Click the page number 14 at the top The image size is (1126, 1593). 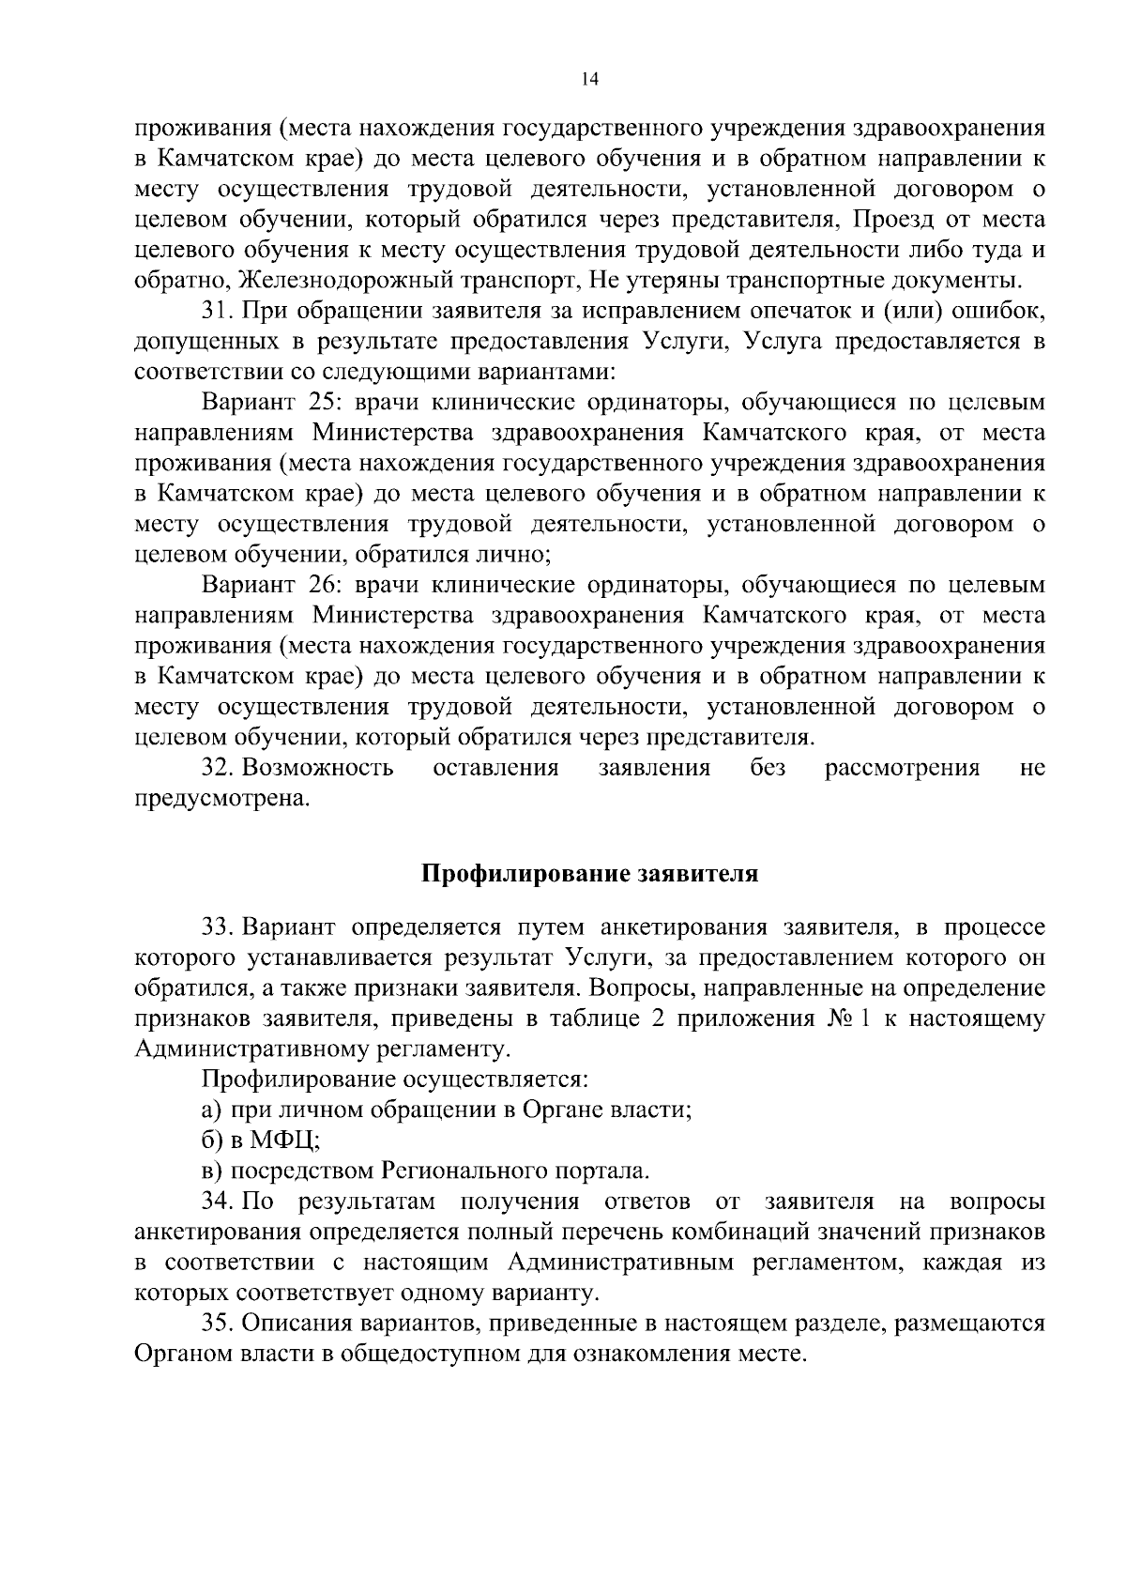(x=589, y=80)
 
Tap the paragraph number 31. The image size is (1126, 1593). (x=219, y=311)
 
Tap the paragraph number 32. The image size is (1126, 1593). (x=219, y=769)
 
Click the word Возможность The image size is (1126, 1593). (x=318, y=769)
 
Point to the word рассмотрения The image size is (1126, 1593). (x=902, y=769)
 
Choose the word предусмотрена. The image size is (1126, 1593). (x=221, y=800)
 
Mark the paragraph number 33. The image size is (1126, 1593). (x=219, y=928)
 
